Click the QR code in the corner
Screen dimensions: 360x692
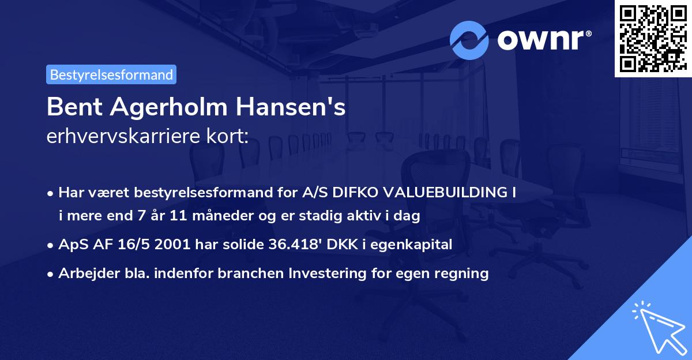tap(653, 39)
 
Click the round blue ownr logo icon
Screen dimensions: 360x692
tap(469, 40)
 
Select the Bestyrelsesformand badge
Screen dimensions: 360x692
tap(111, 74)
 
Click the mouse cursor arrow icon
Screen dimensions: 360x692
tap(659, 329)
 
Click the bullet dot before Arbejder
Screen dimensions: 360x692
tap(51, 274)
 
